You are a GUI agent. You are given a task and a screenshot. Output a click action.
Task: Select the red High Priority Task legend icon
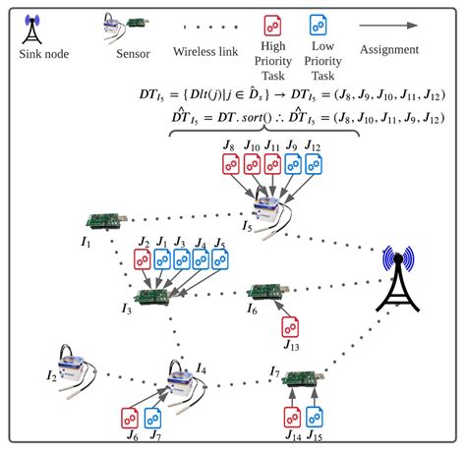(x=271, y=25)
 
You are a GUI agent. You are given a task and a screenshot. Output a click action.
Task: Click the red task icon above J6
(x=130, y=417)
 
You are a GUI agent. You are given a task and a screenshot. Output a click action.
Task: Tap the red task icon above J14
(x=291, y=417)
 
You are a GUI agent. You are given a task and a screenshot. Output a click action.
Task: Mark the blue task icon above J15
(x=316, y=417)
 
